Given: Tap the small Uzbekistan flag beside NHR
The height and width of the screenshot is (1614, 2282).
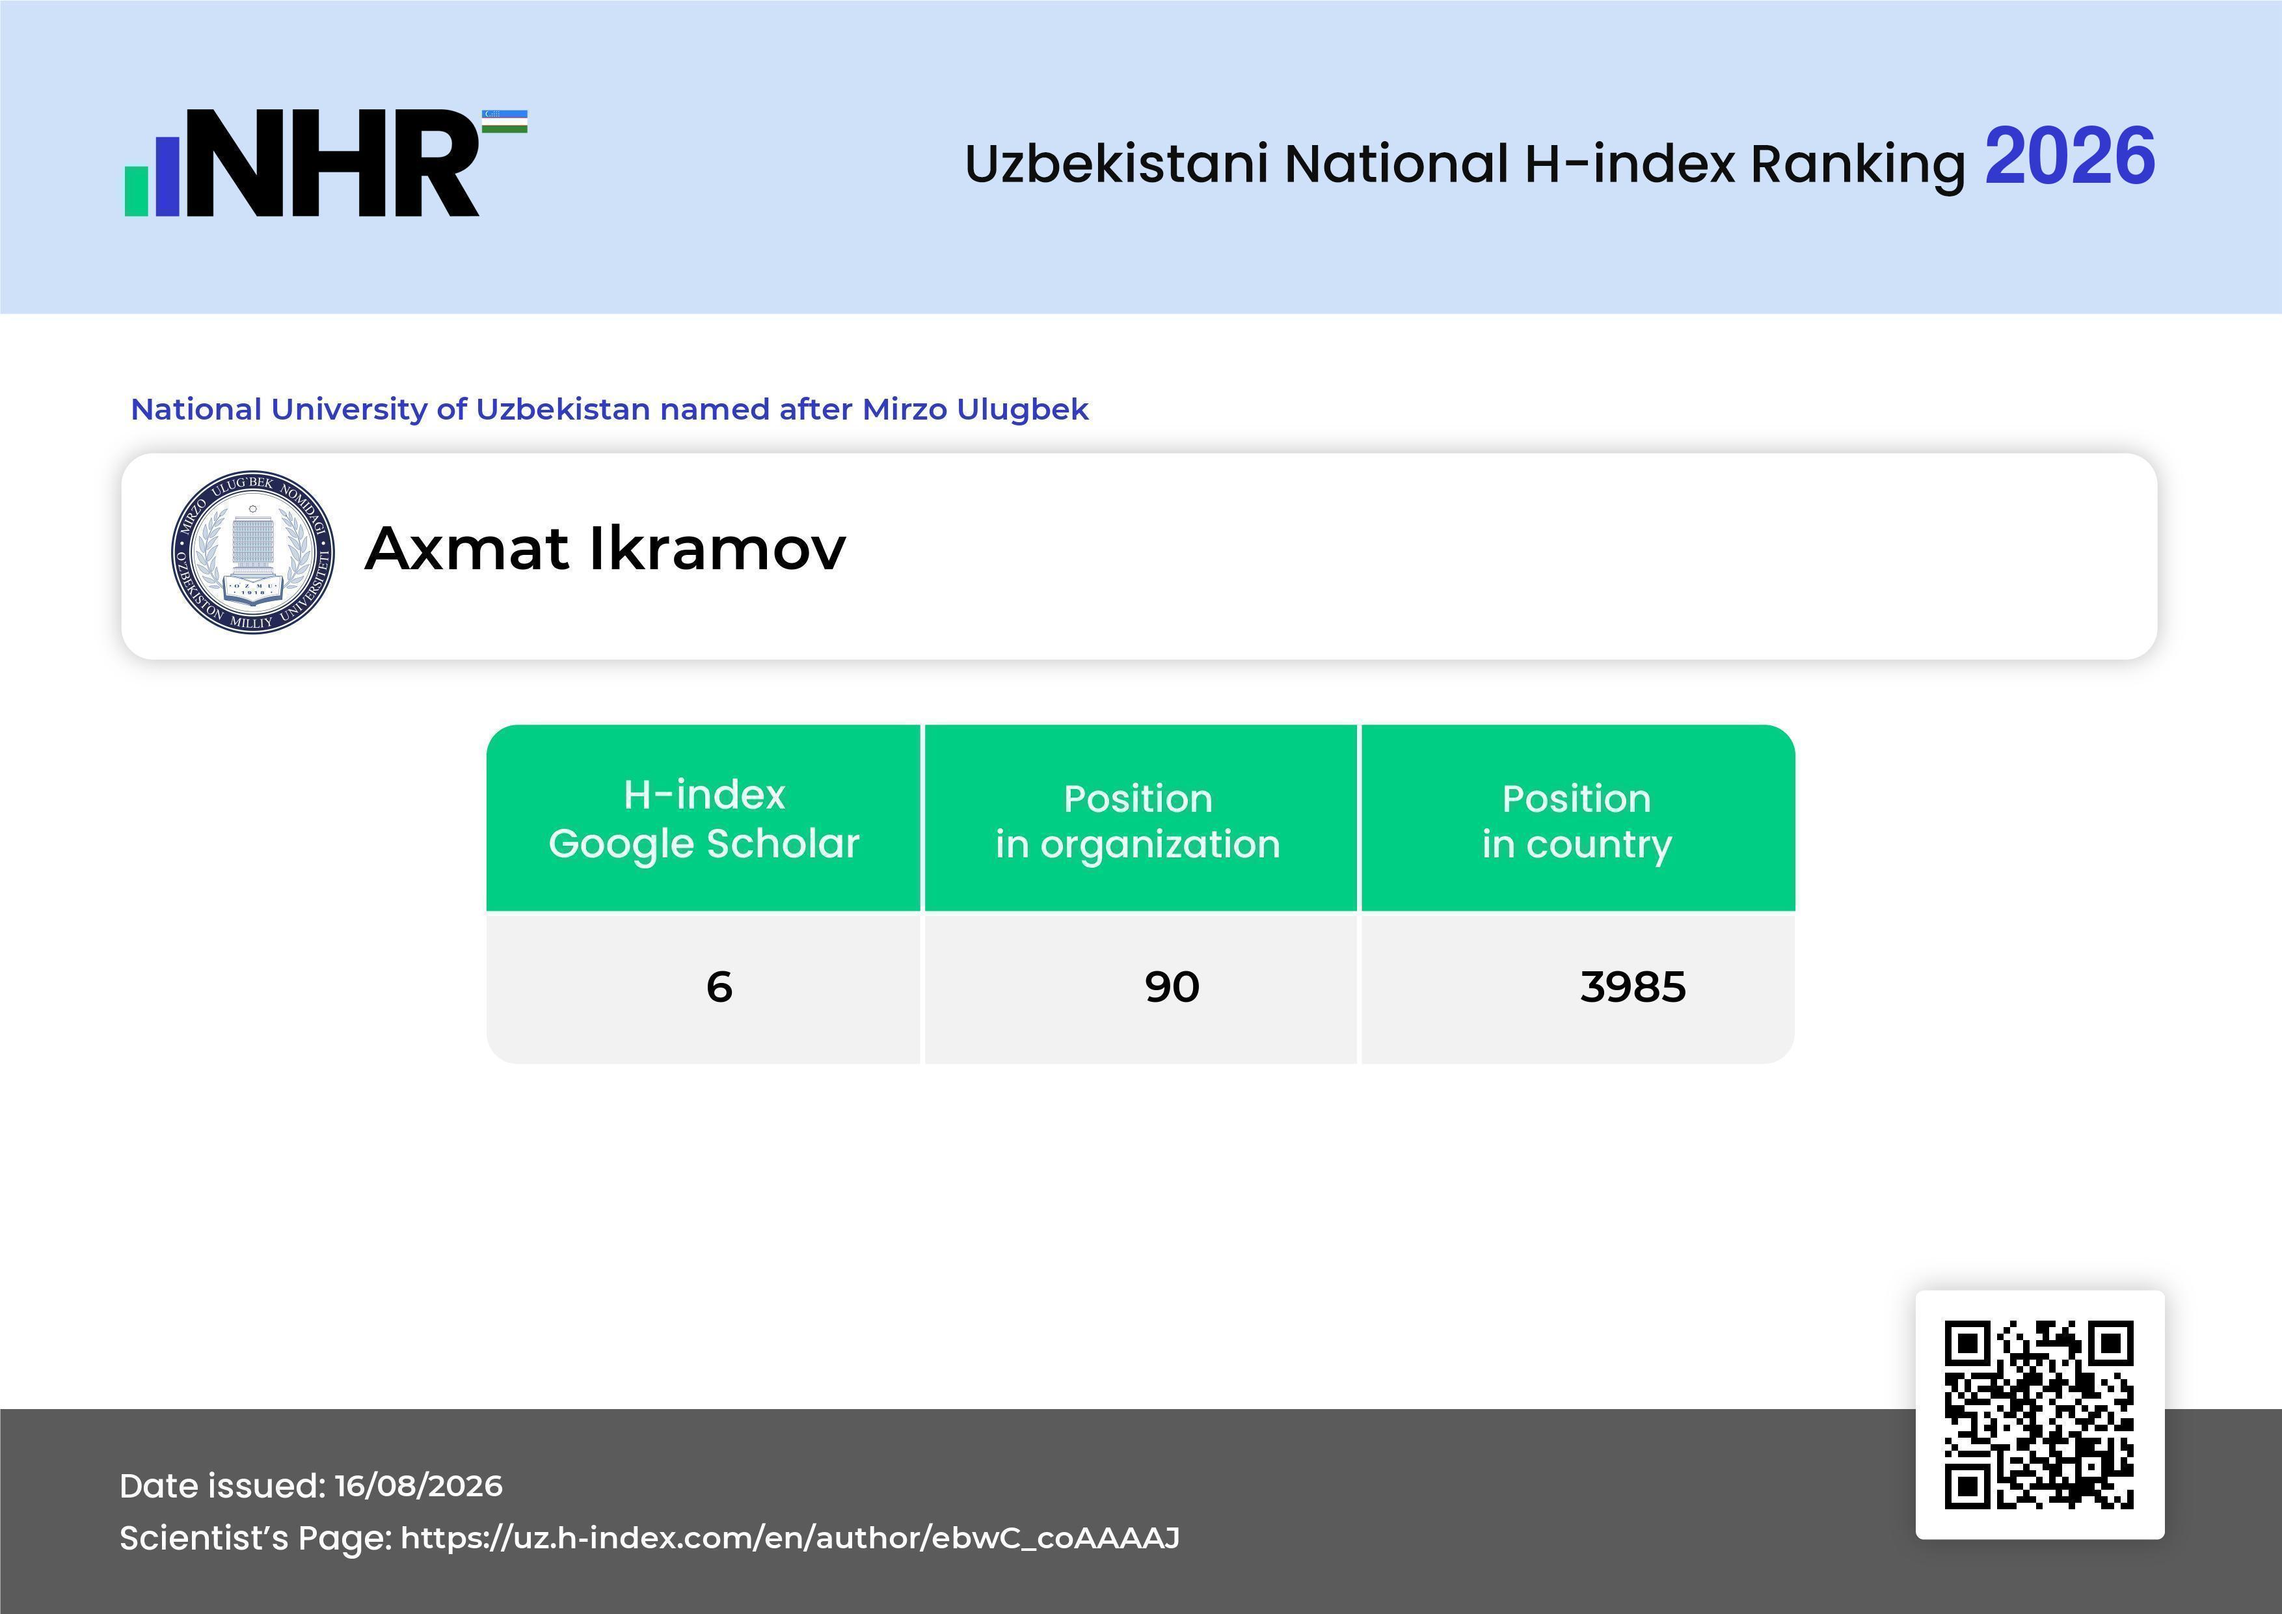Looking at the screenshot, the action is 505,121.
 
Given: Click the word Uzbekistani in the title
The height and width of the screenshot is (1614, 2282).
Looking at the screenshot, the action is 1116,164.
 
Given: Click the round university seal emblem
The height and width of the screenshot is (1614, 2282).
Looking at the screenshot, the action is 252,552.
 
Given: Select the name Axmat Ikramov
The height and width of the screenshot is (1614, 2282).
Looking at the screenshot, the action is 605,548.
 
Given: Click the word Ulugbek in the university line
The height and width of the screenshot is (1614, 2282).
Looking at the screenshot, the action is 1023,409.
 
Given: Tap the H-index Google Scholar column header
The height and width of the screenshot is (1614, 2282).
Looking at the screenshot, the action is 704,818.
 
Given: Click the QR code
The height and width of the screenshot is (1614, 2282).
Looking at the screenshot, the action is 2039,1414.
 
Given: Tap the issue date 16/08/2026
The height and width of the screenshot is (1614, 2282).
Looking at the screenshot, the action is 418,1486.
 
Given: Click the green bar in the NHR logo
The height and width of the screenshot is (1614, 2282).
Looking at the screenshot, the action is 136,190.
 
